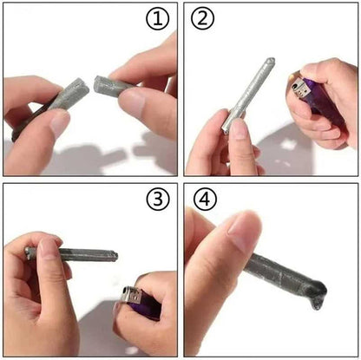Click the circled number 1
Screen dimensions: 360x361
(x=156, y=18)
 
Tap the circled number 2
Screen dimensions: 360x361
(x=202, y=18)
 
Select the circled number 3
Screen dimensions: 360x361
(x=156, y=200)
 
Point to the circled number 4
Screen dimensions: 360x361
(x=203, y=200)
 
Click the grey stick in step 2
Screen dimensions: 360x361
(x=247, y=96)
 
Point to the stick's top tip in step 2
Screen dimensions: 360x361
(x=270, y=62)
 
